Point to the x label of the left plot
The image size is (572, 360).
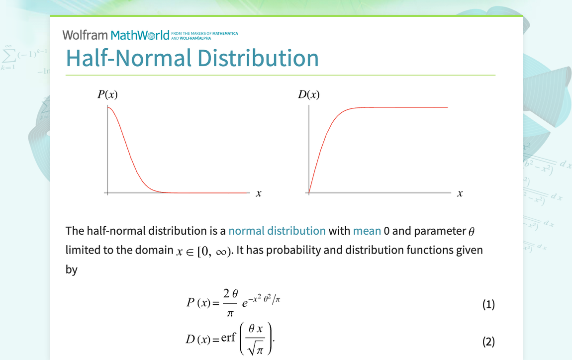[x=259, y=193]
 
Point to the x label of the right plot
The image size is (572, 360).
[x=460, y=193]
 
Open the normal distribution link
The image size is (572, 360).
[x=277, y=231]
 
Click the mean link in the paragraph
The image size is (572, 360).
[x=367, y=231]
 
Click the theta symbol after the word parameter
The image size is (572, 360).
[x=473, y=231]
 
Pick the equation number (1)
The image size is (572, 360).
[x=488, y=304]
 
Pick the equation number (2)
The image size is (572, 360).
[x=488, y=341]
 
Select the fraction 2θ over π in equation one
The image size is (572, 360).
[x=230, y=304]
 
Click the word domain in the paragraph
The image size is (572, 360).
[x=155, y=250]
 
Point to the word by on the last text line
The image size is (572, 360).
[x=72, y=270]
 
